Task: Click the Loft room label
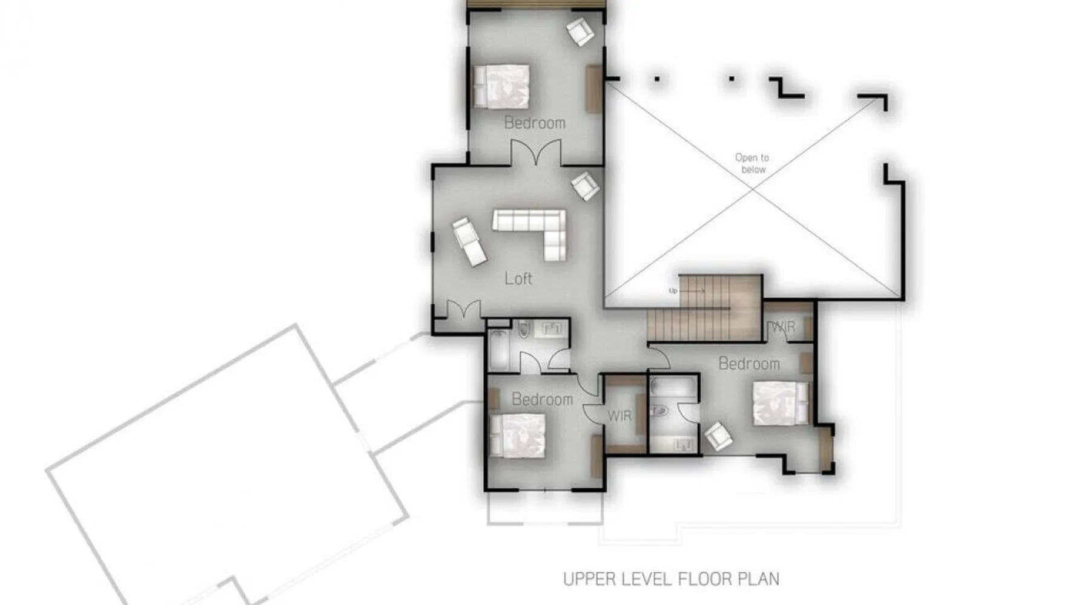click(x=518, y=278)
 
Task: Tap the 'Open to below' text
click(x=752, y=163)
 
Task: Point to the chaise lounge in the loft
click(x=469, y=241)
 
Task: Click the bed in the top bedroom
click(x=501, y=86)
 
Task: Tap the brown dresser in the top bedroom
click(x=593, y=89)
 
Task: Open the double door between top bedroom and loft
click(x=536, y=152)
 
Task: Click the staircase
click(x=704, y=309)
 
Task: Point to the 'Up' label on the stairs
click(x=672, y=291)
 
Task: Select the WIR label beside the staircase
click(x=782, y=327)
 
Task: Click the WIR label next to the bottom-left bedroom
click(x=619, y=416)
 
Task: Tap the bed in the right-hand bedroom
click(x=781, y=403)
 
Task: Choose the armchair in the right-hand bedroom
click(x=719, y=436)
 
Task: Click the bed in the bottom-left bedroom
click(x=518, y=435)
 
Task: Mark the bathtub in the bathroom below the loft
click(x=499, y=350)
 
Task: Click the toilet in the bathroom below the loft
click(x=524, y=329)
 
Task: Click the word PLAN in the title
click(x=758, y=579)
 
